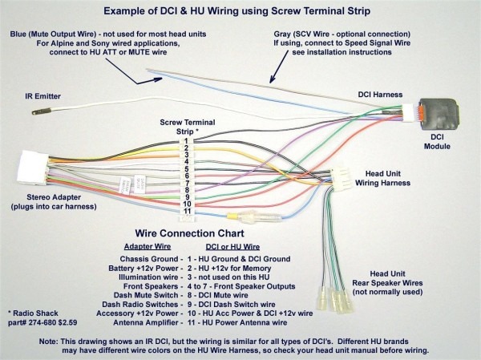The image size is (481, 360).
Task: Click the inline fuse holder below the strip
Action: click(x=245, y=216)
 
